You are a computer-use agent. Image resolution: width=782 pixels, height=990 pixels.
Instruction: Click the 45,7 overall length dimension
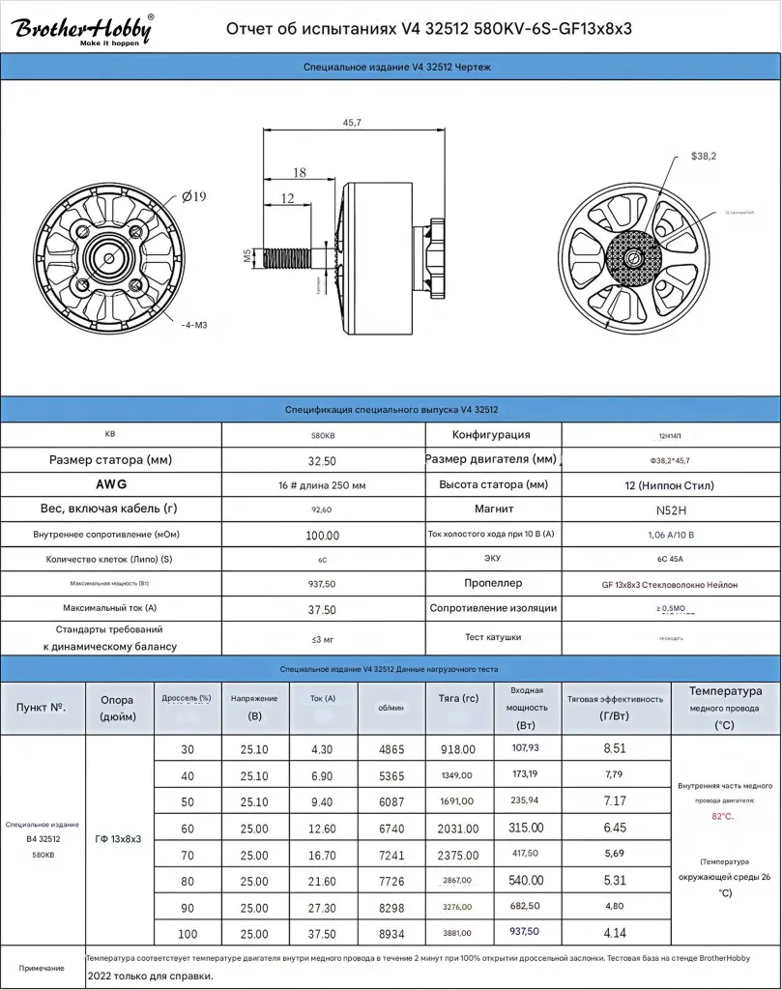352,123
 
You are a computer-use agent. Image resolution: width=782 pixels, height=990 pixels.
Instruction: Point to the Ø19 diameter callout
194,196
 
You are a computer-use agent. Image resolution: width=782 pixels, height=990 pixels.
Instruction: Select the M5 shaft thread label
246,256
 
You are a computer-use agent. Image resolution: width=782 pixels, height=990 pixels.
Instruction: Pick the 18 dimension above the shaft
299,172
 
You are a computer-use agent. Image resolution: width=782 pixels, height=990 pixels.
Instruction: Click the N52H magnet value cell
670,510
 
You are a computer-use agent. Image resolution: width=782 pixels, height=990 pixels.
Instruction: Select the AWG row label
111,484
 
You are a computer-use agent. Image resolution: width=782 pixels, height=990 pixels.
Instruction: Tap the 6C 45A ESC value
670,560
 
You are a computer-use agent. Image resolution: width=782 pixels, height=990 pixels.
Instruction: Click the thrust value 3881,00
457,933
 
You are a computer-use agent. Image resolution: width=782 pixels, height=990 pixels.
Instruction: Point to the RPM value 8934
391,933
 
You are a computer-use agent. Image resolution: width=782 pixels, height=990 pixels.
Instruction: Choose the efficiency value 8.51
614,748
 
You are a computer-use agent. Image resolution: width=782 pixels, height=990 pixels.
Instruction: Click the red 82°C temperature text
722,817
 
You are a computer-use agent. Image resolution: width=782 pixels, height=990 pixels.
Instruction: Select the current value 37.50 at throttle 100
323,933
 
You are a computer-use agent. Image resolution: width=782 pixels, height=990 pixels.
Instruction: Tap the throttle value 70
188,856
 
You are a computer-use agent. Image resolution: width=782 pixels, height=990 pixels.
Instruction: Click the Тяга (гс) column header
457,698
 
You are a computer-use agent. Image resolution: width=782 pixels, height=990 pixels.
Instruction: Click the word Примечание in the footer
42,968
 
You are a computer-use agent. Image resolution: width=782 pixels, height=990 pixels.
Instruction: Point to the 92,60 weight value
323,510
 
